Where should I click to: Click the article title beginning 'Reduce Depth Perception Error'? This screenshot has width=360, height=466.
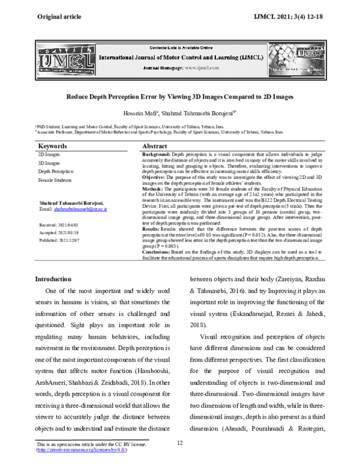click(180, 96)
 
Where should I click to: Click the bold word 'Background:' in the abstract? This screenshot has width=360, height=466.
click(156, 155)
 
